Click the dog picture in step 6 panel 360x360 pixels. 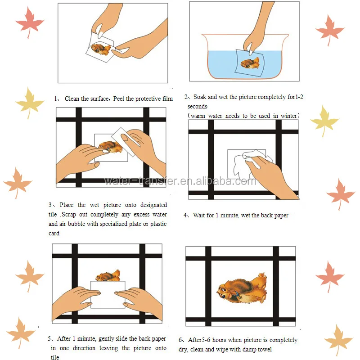(242, 288)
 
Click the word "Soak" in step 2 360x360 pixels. (200, 97)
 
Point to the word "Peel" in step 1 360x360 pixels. (119, 99)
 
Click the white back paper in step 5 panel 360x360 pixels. (108, 294)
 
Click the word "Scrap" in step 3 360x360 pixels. (69, 215)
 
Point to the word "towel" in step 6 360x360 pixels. (265, 350)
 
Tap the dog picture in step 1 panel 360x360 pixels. (101, 49)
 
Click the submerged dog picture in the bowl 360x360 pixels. (250, 63)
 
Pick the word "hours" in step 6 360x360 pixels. (220, 340)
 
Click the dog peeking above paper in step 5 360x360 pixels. (108, 275)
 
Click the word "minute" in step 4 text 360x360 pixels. (229, 216)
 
